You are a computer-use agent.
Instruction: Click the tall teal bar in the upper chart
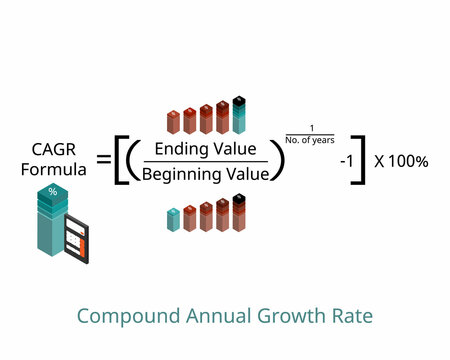click(238, 116)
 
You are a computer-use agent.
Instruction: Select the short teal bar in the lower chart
click(173, 220)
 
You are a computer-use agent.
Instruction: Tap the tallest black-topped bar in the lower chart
click(237, 212)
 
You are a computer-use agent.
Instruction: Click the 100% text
click(411, 160)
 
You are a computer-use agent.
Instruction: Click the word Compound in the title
click(119, 317)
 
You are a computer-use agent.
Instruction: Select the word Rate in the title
click(353, 317)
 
